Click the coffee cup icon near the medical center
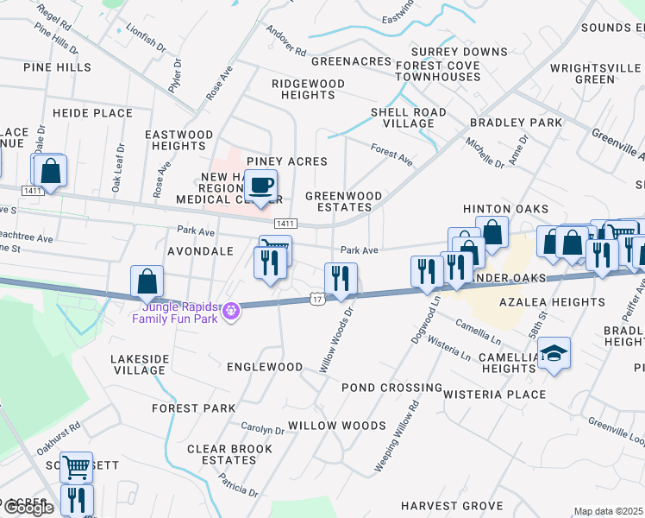tap(260, 185)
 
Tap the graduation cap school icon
tap(554, 354)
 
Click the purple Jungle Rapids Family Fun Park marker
tap(229, 311)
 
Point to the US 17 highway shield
tap(316, 299)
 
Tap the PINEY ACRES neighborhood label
tap(287, 161)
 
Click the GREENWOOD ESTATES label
tap(343, 201)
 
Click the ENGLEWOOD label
tap(264, 367)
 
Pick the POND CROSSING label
tap(391, 388)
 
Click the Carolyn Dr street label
tap(262, 429)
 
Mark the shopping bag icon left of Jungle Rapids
tap(147, 281)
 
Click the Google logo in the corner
tap(28, 508)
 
